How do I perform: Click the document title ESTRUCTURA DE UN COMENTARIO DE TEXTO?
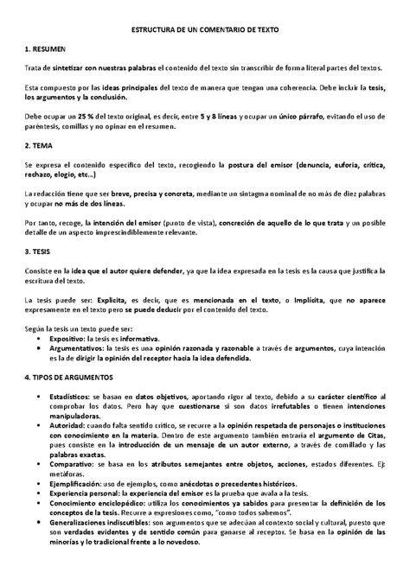(205, 29)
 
